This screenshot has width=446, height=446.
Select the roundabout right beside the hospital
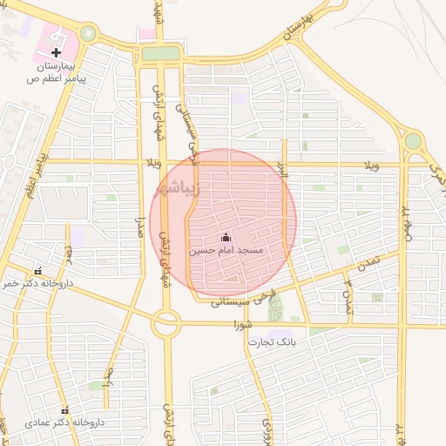pos(88,33)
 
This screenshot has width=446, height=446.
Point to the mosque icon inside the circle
pos(226,237)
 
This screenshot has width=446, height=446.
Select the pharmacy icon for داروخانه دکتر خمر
pos(37,270)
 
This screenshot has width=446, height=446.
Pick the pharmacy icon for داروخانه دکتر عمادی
pos(64,410)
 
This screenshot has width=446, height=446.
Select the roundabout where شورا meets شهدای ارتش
pos(165,326)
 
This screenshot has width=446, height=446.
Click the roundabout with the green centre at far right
pos(413,140)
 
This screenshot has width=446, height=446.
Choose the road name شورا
pos(242,325)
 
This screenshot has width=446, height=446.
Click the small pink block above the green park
pos(145,35)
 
